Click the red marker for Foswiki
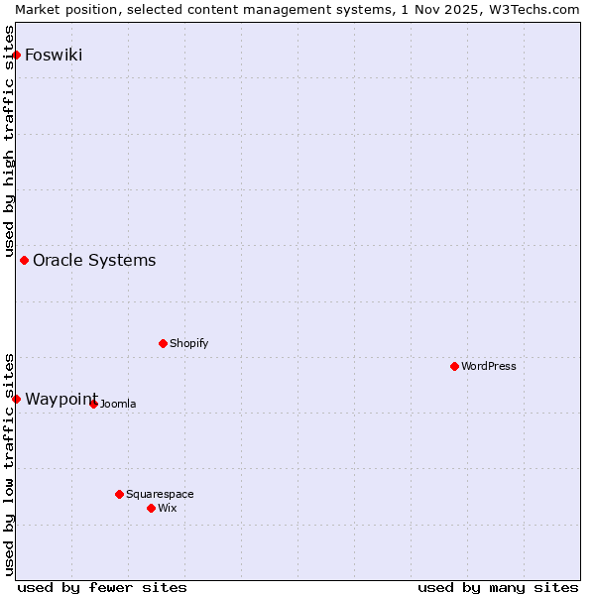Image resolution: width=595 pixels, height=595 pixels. click(x=17, y=55)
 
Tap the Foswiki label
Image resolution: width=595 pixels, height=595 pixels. click(x=54, y=55)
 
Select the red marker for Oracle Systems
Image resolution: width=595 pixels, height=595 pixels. click(x=25, y=261)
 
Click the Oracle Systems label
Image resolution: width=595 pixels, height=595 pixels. click(x=94, y=261)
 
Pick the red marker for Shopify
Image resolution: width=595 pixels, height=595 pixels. click(x=163, y=344)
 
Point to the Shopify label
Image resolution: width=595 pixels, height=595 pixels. click(x=188, y=344)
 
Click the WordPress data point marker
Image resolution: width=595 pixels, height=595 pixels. click(x=454, y=367)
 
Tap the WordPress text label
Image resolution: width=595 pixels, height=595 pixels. click(x=488, y=367)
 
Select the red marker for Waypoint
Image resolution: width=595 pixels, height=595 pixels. click(x=17, y=399)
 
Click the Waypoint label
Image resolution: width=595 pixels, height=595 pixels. click(x=60, y=399)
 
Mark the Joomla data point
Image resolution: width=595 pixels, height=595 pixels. click(x=93, y=404)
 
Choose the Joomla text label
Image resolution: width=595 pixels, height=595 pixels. click(x=118, y=405)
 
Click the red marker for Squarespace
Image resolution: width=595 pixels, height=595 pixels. click(x=119, y=494)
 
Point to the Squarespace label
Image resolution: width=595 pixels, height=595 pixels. click(x=160, y=495)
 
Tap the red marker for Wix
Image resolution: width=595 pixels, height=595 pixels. click(x=151, y=508)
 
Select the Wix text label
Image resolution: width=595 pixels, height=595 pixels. click(x=168, y=509)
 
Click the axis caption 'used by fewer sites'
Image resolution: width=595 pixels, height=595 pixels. click(x=102, y=587)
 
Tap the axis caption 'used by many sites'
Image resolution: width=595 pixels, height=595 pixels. click(x=498, y=587)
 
